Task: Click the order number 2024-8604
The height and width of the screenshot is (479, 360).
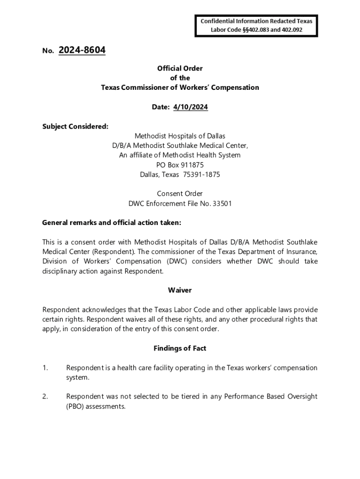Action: (x=82, y=50)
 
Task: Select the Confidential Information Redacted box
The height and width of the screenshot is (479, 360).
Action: (x=257, y=26)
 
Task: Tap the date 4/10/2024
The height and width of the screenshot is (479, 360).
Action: (x=190, y=107)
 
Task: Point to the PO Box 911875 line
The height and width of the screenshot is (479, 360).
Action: (x=180, y=165)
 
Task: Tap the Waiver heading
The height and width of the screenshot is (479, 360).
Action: (x=180, y=290)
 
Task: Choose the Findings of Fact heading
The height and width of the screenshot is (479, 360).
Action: (x=180, y=348)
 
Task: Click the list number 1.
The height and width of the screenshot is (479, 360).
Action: (x=45, y=368)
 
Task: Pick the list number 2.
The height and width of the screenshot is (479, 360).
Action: (x=45, y=397)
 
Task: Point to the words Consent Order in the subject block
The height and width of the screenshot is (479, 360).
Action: (x=180, y=194)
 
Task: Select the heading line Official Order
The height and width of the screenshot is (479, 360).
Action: (x=180, y=68)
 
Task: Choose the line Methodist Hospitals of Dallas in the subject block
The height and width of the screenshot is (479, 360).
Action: (x=180, y=136)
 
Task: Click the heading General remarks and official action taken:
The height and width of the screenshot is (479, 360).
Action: (x=111, y=223)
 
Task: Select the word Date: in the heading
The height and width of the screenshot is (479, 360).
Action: (x=161, y=107)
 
